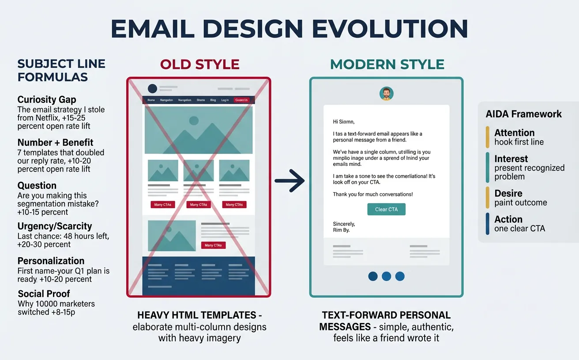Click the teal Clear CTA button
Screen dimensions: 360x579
[386, 209]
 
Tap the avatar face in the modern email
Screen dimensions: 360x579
[386, 94]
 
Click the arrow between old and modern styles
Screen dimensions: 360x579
[290, 180]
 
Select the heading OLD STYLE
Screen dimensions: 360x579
[199, 64]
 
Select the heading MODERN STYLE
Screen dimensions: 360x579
[387, 64]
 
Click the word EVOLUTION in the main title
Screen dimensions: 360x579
[390, 29]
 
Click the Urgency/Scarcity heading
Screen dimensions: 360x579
[55, 226]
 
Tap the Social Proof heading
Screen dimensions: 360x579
[44, 294]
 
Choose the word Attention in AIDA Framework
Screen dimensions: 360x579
[514, 133]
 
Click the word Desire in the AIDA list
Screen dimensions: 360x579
[508, 193]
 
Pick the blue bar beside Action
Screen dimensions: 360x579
[487, 224]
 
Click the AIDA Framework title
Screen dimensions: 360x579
[523, 114]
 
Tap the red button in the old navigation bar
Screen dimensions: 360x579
[241, 100]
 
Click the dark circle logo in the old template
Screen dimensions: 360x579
[152, 89]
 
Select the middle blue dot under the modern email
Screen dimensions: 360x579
[386, 276]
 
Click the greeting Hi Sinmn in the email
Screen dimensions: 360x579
[344, 122]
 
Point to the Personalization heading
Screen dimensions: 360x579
[51, 261]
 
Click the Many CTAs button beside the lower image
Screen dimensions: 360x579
[213, 245]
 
